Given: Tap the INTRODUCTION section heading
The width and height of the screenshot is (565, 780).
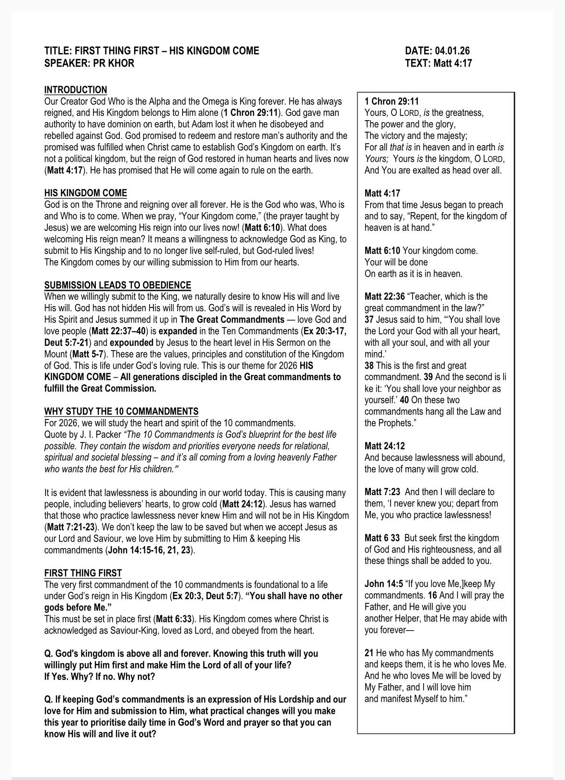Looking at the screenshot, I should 76,90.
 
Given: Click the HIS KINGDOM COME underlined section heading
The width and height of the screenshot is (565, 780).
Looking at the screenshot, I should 86,193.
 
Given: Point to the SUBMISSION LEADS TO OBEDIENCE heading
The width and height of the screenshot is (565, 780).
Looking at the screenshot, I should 117,285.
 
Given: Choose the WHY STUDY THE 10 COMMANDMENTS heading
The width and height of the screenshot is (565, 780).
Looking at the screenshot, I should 121,411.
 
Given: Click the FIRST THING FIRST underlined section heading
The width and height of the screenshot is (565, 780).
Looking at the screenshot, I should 83,573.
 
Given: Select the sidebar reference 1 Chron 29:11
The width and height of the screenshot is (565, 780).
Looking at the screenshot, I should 392,102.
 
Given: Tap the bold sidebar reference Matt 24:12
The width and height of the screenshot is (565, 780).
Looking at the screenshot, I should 384,446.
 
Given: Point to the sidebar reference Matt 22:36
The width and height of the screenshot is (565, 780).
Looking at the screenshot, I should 384,296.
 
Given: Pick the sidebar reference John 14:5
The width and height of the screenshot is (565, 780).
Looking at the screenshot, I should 382,584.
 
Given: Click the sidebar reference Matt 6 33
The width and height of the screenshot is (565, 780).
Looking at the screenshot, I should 382,538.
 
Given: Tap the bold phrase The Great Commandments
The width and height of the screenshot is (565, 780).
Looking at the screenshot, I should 232,319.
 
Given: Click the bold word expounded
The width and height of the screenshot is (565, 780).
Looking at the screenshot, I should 131,342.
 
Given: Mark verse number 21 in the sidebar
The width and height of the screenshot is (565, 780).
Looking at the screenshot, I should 369,653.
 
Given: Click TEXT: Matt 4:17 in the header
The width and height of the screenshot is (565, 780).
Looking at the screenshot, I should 438,63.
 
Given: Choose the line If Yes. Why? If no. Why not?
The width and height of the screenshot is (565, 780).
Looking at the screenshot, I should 100,677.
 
